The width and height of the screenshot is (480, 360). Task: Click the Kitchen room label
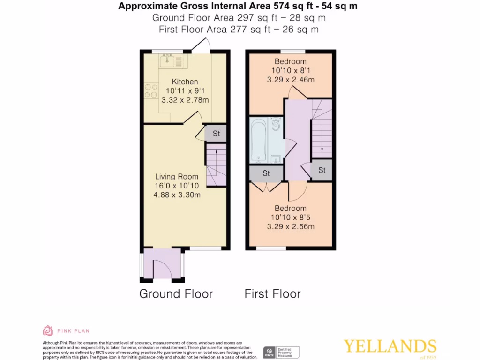(x=185, y=82)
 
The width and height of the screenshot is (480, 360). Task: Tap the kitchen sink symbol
(x=167, y=60)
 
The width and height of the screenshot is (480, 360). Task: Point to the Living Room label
(x=177, y=177)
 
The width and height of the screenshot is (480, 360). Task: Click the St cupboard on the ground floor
(x=216, y=134)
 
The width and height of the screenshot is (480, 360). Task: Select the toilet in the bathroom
(x=276, y=125)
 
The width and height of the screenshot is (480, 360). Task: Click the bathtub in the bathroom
(x=258, y=140)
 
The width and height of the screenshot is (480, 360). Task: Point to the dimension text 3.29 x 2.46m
(x=290, y=80)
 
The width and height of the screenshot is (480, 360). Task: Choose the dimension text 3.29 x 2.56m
(x=290, y=226)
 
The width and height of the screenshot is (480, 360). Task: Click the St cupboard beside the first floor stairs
(x=322, y=170)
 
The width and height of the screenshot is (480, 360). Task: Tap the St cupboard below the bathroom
(x=266, y=173)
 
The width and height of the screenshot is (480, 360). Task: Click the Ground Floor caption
(x=176, y=294)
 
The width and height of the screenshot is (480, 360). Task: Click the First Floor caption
(x=272, y=294)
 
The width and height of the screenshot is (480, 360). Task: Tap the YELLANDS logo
(x=390, y=346)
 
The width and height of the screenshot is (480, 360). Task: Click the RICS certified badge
(x=281, y=352)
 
